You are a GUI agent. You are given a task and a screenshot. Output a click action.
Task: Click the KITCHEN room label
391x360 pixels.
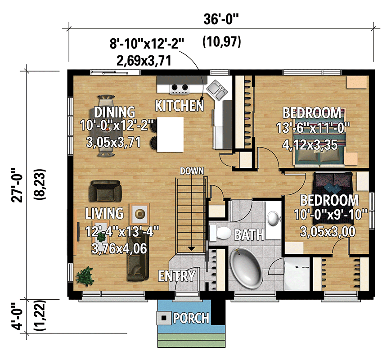(x=179, y=106)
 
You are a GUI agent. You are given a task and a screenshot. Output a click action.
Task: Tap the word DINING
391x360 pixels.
(x=114, y=112)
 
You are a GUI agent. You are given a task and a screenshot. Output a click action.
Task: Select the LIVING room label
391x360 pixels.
(x=104, y=213)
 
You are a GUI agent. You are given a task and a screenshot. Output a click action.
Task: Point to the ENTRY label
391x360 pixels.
(x=177, y=276)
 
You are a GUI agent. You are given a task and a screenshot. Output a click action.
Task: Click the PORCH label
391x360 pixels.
(x=191, y=319)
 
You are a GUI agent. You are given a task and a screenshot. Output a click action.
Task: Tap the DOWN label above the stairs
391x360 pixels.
(x=192, y=171)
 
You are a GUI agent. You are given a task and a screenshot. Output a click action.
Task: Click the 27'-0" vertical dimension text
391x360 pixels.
(x=17, y=185)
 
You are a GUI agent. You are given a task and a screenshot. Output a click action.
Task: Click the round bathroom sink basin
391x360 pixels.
(x=274, y=219)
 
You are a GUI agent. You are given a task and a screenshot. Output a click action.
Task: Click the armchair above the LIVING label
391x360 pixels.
(x=105, y=191)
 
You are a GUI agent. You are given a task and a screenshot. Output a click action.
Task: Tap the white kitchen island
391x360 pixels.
(x=170, y=135)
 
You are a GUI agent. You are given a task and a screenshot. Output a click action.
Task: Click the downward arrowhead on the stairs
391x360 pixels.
(x=192, y=248)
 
